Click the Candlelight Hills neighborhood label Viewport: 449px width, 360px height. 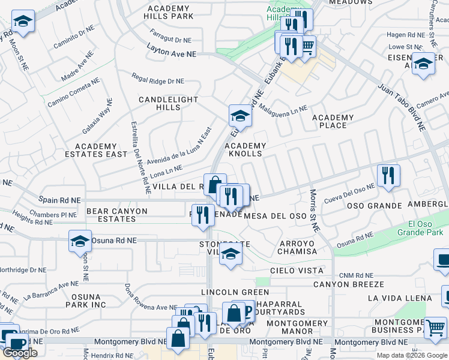pos(168,103)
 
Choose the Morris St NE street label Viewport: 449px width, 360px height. pos(313,210)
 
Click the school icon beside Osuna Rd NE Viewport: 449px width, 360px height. pos(80,241)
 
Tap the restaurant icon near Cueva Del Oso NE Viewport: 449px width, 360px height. pos(388,175)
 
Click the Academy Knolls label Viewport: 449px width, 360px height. pos(245,149)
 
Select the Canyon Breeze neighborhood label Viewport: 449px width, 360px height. pos(348,284)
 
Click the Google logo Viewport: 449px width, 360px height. pos(20,353)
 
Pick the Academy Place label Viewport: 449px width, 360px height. pos(333,121)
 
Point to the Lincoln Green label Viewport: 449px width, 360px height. pos(227,292)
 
